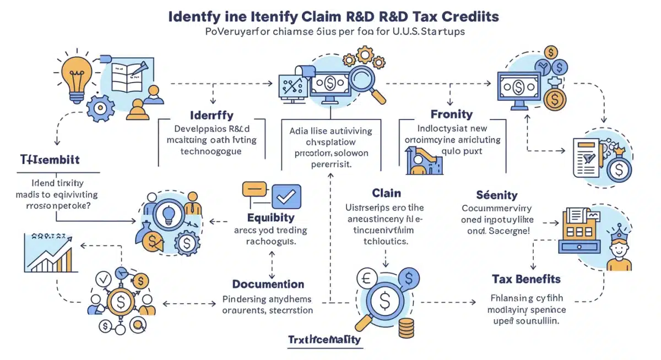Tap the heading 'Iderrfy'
tap(212, 116)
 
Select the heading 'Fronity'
tap(452, 114)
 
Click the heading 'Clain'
tap(386, 193)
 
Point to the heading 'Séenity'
tap(497, 195)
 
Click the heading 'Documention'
tap(268, 284)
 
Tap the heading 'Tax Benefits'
tap(526, 279)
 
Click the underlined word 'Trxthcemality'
tap(325, 339)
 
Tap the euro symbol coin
tap(366, 278)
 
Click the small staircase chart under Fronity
tap(424, 160)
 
